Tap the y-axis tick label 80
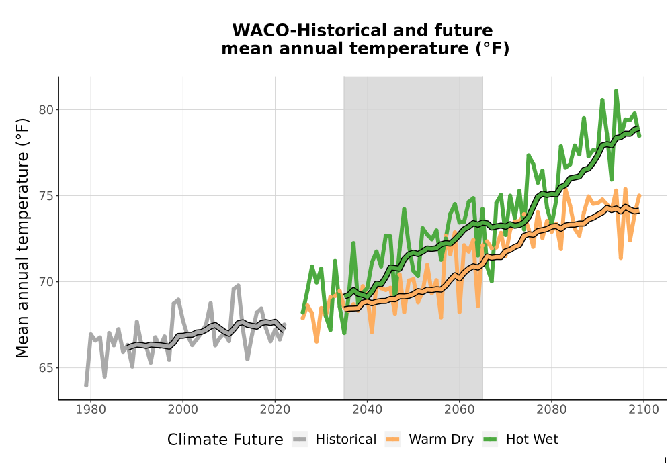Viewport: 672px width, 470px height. click(x=47, y=110)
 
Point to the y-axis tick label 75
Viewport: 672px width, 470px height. click(x=47, y=196)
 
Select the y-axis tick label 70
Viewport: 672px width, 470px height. click(x=47, y=282)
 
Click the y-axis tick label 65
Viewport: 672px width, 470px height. click(x=47, y=368)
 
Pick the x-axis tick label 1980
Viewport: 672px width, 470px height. click(x=91, y=410)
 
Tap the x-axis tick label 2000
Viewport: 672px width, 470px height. click(x=183, y=410)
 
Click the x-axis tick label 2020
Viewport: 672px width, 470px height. click(x=275, y=410)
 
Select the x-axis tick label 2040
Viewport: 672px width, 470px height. click(x=367, y=410)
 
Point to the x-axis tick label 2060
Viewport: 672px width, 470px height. click(x=459, y=410)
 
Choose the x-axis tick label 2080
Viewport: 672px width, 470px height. click(x=551, y=410)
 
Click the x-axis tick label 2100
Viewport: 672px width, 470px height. click(x=643, y=410)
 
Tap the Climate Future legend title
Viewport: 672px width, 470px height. click(x=225, y=440)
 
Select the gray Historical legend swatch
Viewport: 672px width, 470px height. click(x=300, y=440)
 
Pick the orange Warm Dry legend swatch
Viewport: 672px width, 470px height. click(x=392, y=440)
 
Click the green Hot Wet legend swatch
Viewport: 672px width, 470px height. click(x=490, y=440)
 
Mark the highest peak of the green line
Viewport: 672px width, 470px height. click(x=616, y=91)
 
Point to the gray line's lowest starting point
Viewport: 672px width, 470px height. click(x=86, y=385)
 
